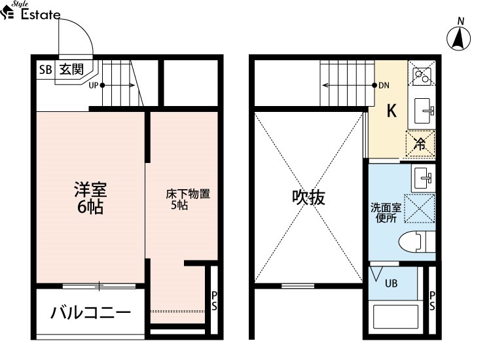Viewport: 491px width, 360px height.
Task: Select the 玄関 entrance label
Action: [x=71, y=69]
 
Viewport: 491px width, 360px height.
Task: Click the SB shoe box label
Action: [x=45, y=69]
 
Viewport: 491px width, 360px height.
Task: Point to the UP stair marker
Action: [x=93, y=85]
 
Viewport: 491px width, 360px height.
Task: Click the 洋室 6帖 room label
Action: [x=90, y=198]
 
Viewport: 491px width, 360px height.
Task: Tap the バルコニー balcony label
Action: [x=90, y=312]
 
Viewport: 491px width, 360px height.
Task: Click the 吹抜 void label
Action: [x=308, y=198]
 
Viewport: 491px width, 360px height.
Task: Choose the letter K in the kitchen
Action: [x=391, y=111]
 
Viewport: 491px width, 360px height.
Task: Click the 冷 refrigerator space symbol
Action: [x=420, y=145]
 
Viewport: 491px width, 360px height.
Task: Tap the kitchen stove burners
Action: [x=421, y=76]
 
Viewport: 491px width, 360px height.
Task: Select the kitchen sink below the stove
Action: [x=425, y=111]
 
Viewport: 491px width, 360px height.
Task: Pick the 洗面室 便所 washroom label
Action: [x=384, y=213]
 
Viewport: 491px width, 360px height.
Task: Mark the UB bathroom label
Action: [x=390, y=283]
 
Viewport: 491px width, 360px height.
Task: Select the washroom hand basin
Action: [x=422, y=176]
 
